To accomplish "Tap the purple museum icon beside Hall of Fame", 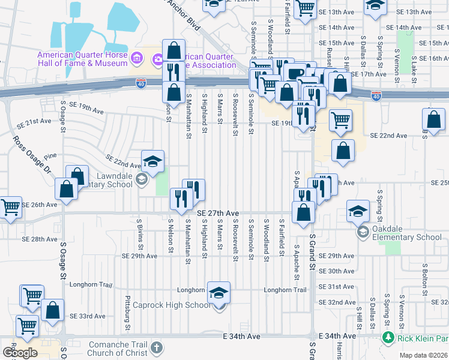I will coord(137,58).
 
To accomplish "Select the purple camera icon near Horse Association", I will coord(158,58).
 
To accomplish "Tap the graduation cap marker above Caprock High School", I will coord(219,292).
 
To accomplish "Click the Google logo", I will coord(20,353).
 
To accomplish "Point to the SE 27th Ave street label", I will coord(218,213).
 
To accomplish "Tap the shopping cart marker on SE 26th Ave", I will coord(11,208).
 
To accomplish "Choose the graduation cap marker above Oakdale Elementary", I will coord(358,211).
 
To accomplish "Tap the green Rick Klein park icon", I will coord(387,339).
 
